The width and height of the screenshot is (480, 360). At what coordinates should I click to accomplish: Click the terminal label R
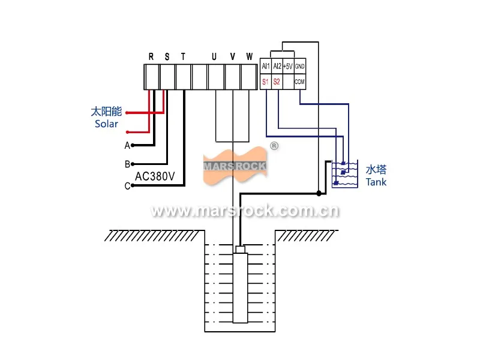(x=151, y=57)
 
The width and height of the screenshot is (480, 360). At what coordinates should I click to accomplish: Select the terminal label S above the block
(x=167, y=57)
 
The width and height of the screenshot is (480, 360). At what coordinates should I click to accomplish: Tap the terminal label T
(x=183, y=57)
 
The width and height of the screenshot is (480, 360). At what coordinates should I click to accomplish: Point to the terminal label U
(x=214, y=57)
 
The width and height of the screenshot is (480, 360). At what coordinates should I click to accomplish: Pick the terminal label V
(x=232, y=57)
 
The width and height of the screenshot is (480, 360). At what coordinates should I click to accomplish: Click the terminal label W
(x=249, y=57)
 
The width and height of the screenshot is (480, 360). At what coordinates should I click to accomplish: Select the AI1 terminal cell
(x=266, y=67)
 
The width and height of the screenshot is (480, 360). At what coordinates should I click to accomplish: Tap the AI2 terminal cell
(x=277, y=67)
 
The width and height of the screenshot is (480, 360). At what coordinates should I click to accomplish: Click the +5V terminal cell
(x=288, y=67)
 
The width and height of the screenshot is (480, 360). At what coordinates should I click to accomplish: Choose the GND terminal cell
(x=300, y=67)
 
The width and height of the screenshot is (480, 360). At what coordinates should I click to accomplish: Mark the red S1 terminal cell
(x=265, y=81)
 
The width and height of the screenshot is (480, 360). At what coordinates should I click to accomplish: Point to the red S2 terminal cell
(x=277, y=81)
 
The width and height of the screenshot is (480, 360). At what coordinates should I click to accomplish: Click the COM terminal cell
(x=300, y=81)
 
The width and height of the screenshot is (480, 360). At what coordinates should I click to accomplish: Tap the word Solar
(x=106, y=124)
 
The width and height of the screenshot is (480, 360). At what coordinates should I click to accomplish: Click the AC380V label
(x=155, y=176)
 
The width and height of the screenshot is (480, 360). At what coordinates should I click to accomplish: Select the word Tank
(x=376, y=182)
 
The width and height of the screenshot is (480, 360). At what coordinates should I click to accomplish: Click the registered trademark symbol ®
(x=274, y=146)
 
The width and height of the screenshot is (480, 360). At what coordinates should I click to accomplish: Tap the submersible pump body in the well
(x=240, y=288)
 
